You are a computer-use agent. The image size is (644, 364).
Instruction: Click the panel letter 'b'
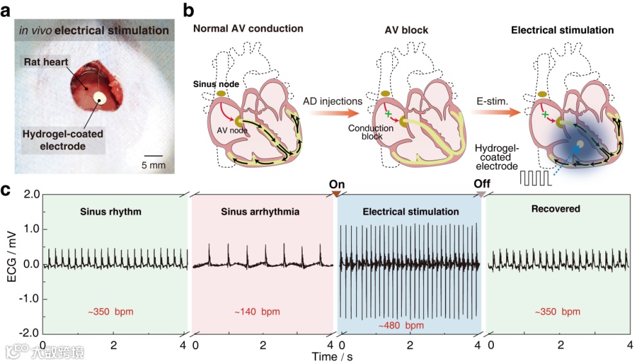[188, 11]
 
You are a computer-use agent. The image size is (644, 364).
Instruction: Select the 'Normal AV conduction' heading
[248, 29]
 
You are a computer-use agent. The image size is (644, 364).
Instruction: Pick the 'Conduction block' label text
[370, 132]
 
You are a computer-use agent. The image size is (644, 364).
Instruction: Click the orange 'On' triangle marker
[337, 193]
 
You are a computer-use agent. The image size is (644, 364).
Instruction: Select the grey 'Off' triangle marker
[482, 193]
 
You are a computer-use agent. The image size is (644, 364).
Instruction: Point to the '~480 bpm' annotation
[401, 325]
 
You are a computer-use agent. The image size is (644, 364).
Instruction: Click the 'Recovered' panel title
[556, 209]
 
